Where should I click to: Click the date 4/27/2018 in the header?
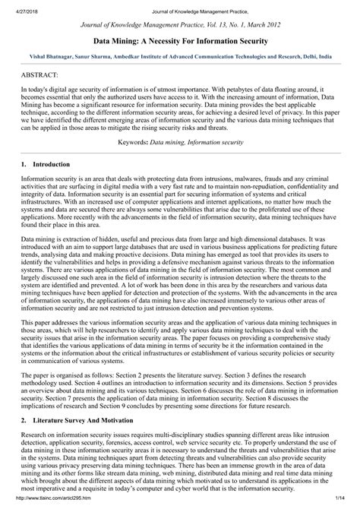tap(22, 8)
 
